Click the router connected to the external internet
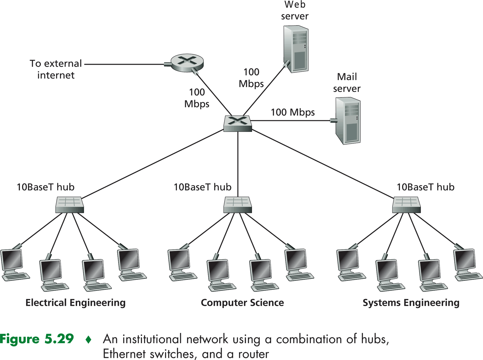[x=187, y=63]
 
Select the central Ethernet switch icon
[x=238, y=123]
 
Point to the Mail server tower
[x=348, y=121]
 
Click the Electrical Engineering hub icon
[x=69, y=205]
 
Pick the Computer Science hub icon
[x=238, y=205]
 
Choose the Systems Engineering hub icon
[x=406, y=205]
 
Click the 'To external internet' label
[x=56, y=69]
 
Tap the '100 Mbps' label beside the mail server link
[x=293, y=112]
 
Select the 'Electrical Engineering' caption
[x=76, y=303]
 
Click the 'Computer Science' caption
[x=242, y=303]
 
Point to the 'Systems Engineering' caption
[x=411, y=303]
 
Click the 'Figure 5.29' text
[x=37, y=339]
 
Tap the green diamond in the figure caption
[x=89, y=340]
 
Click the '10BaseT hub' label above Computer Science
[x=203, y=187]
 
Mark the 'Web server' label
[x=295, y=11]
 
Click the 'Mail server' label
[x=347, y=83]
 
